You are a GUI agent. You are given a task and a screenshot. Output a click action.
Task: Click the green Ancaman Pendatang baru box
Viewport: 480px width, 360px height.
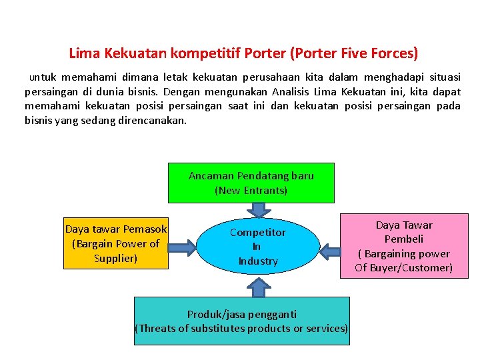click(251, 183)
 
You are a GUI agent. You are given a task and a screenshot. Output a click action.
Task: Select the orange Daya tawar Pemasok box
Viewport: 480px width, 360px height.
click(116, 243)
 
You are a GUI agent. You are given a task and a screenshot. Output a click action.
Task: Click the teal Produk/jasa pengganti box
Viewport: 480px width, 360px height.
click(241, 321)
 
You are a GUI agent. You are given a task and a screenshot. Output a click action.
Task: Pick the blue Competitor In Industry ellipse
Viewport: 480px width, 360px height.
click(258, 246)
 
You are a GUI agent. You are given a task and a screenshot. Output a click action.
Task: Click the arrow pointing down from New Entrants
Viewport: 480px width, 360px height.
click(258, 209)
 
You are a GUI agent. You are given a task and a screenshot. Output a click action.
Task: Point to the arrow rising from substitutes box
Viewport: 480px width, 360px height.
click(258, 287)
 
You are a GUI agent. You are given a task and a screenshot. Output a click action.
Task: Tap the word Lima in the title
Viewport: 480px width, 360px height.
click(82, 52)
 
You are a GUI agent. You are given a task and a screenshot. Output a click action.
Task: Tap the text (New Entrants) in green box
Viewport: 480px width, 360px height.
click(251, 190)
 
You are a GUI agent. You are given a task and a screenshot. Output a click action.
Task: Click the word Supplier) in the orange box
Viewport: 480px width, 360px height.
click(116, 257)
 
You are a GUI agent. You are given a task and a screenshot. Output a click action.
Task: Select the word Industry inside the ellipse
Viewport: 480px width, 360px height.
click(258, 261)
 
